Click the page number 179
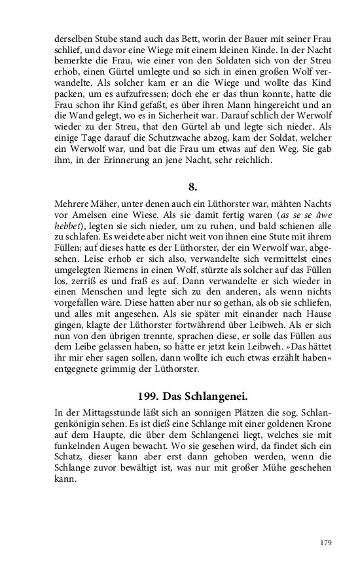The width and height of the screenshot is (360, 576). pos(327,543)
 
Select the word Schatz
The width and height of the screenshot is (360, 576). pos(70,461)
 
